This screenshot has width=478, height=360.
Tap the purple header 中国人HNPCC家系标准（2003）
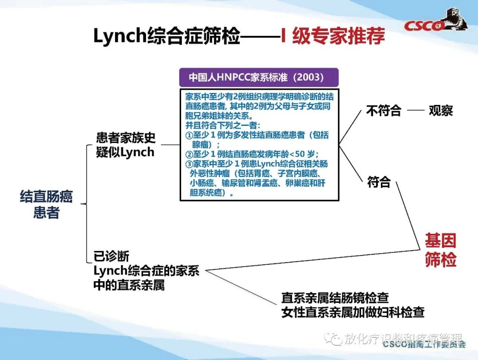(x=259, y=77)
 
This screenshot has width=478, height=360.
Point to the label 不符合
(x=383, y=111)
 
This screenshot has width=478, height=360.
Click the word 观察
(x=441, y=111)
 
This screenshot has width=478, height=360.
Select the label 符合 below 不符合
(x=379, y=182)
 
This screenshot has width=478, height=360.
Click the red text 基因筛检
(x=440, y=251)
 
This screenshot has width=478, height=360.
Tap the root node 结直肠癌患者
(x=46, y=205)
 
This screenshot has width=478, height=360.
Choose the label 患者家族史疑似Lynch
(x=126, y=145)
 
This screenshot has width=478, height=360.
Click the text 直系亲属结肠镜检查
(x=335, y=298)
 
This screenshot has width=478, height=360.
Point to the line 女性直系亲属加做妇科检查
(x=353, y=312)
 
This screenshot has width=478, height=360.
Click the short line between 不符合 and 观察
(x=416, y=111)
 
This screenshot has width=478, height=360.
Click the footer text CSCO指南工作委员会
(x=424, y=344)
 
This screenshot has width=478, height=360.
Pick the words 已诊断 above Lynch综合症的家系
(x=112, y=257)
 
